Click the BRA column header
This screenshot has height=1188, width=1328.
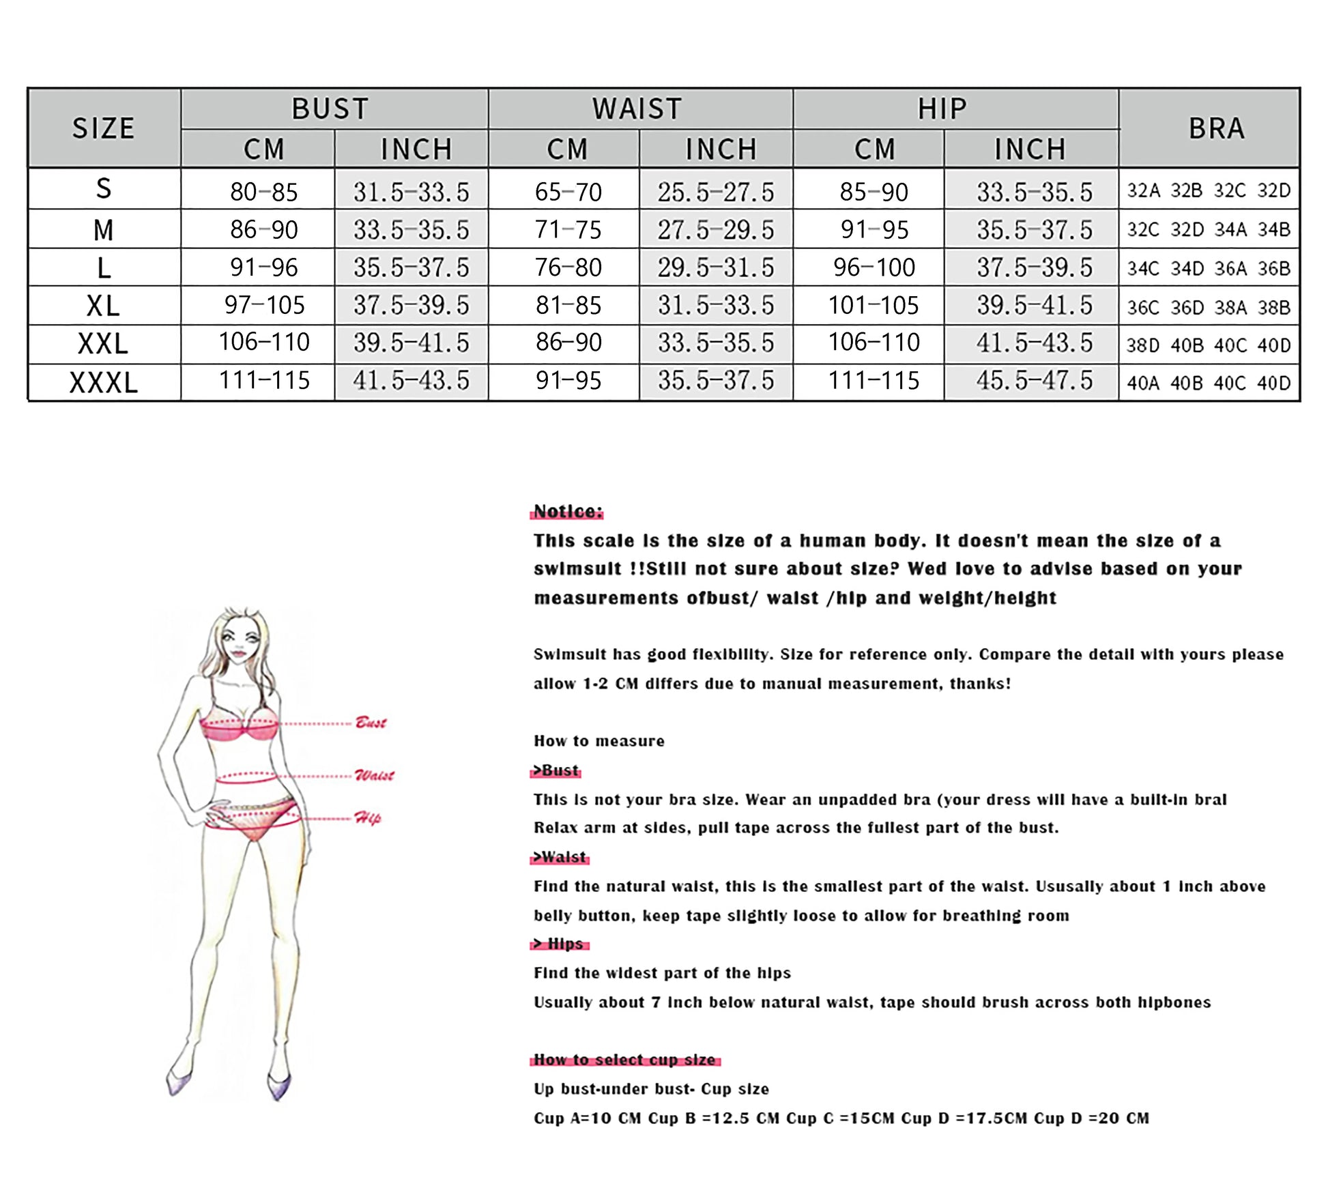(x=1216, y=128)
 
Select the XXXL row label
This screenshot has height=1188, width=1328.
(x=104, y=383)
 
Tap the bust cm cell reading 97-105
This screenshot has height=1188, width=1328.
(x=264, y=305)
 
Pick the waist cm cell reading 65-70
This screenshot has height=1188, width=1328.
(x=568, y=192)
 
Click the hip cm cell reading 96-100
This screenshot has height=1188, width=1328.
(x=874, y=267)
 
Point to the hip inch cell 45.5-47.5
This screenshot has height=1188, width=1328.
(x=1034, y=380)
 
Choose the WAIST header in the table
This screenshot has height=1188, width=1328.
(x=637, y=108)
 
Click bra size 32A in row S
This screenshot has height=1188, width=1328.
(x=1143, y=190)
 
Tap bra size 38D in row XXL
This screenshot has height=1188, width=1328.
(x=1142, y=345)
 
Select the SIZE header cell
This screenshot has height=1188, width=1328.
(x=104, y=128)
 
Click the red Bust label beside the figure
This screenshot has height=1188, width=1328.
(x=371, y=723)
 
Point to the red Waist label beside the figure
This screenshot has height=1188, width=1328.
(x=374, y=775)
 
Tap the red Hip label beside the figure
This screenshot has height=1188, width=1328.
(x=367, y=817)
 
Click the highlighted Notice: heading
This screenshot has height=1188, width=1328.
(x=568, y=511)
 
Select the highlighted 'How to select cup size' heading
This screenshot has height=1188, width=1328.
(x=624, y=1059)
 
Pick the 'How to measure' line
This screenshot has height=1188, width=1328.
(x=598, y=741)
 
